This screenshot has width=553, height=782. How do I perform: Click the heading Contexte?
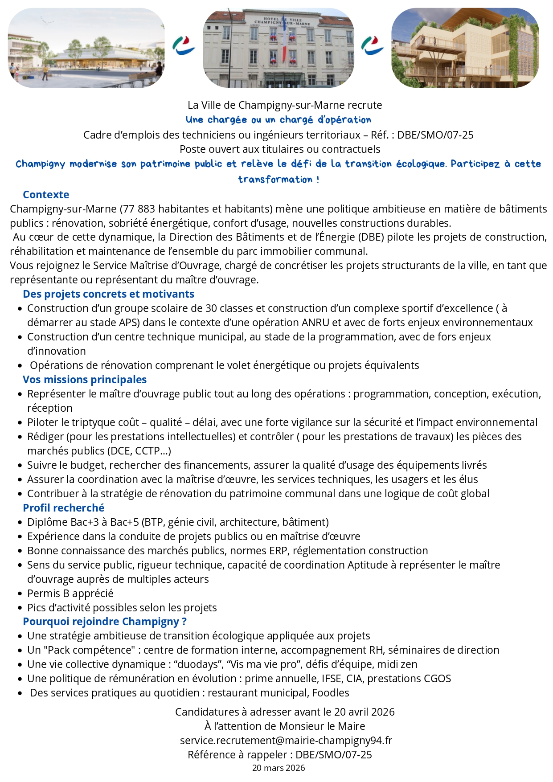click(x=46, y=195)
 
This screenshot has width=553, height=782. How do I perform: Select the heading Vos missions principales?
click(x=85, y=380)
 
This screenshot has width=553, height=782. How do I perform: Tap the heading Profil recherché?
click(x=63, y=508)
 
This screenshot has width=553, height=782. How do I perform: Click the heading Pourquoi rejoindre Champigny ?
click(x=105, y=622)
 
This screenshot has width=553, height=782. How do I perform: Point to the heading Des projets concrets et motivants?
click(x=108, y=294)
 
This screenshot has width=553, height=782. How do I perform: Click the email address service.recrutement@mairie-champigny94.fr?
click(x=286, y=741)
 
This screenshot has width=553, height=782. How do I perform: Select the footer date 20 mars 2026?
click(x=279, y=768)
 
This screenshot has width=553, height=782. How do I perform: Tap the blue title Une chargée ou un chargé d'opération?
click(x=278, y=120)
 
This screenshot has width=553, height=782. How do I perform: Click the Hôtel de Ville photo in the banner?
click(x=278, y=48)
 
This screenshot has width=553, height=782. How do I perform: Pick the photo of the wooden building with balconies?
click(x=465, y=48)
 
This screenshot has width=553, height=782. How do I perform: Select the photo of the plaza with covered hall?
click(x=86, y=48)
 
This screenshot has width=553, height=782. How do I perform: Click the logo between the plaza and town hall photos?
click(x=184, y=46)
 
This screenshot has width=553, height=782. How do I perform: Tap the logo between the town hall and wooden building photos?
click(x=372, y=46)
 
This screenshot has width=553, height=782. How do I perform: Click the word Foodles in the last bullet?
click(x=330, y=693)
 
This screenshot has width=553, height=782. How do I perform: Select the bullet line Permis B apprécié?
click(x=70, y=594)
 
